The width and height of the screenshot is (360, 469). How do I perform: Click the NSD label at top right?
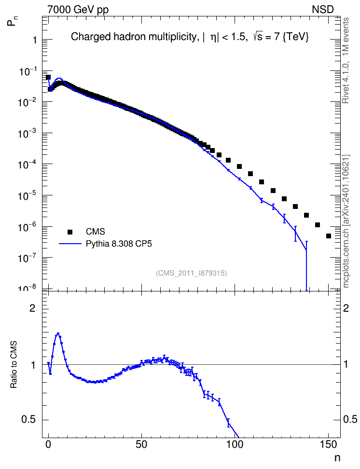322,10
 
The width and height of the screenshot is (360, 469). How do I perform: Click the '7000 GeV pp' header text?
78,10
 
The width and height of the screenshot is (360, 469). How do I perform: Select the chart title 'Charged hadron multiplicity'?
134,37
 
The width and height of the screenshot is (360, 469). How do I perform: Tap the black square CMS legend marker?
70,232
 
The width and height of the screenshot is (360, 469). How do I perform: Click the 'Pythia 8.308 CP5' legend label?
119,244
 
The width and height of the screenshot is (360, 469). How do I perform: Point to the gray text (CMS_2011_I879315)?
192,273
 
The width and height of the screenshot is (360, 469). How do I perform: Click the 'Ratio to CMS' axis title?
14,365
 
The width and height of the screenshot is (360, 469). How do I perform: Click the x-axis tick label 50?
141,444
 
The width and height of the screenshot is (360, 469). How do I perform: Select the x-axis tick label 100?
235,444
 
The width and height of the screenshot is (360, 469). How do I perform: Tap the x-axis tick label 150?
328,444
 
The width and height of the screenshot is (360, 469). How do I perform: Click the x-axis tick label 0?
48,444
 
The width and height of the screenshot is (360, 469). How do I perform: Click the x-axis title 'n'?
337,458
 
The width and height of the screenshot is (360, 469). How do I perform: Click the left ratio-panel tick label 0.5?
28,420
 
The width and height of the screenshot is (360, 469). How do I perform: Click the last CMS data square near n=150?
328,236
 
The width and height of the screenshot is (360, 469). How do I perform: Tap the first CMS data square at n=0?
48,78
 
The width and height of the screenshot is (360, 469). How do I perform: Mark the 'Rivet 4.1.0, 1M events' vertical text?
346,60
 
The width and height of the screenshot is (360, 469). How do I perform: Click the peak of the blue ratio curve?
58,333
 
